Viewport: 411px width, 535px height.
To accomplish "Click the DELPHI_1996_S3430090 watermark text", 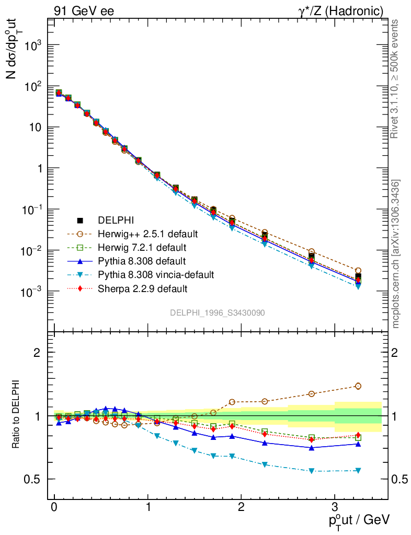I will pyautogui.click(x=217, y=312).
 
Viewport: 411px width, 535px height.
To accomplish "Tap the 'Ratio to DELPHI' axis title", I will pyautogui.click(x=17, y=416).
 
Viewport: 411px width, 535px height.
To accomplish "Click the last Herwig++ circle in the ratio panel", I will pyautogui.click(x=358, y=386).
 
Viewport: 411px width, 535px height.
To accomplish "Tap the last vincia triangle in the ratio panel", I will pyautogui.click(x=358, y=470).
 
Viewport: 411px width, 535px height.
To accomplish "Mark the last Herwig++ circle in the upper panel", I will pyautogui.click(x=358, y=271).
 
